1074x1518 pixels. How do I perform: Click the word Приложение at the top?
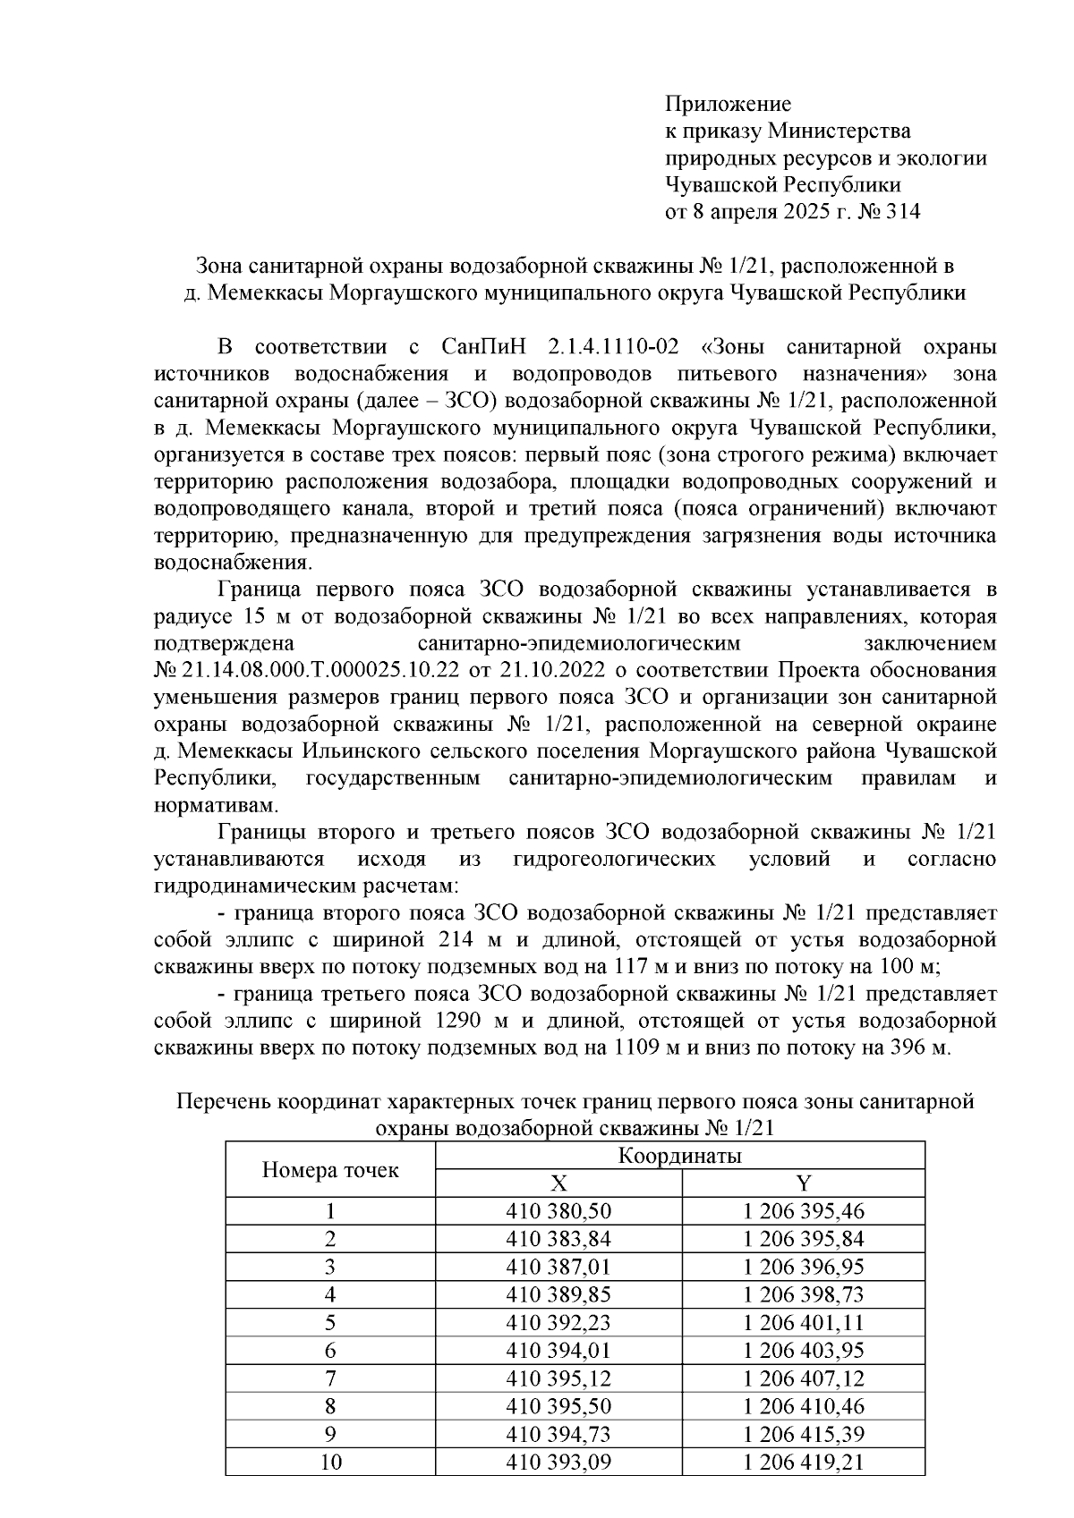tap(727, 104)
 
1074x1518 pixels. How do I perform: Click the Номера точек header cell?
tap(329, 1169)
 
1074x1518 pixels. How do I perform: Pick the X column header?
tap(558, 1183)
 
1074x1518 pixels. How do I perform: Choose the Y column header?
tap(803, 1183)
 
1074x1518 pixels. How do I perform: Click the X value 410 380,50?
tap(558, 1212)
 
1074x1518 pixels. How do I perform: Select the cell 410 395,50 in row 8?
tap(558, 1407)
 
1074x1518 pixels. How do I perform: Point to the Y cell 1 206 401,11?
tap(803, 1323)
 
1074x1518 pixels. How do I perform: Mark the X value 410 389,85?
tap(558, 1295)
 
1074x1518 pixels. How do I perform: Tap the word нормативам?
tap(215, 805)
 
